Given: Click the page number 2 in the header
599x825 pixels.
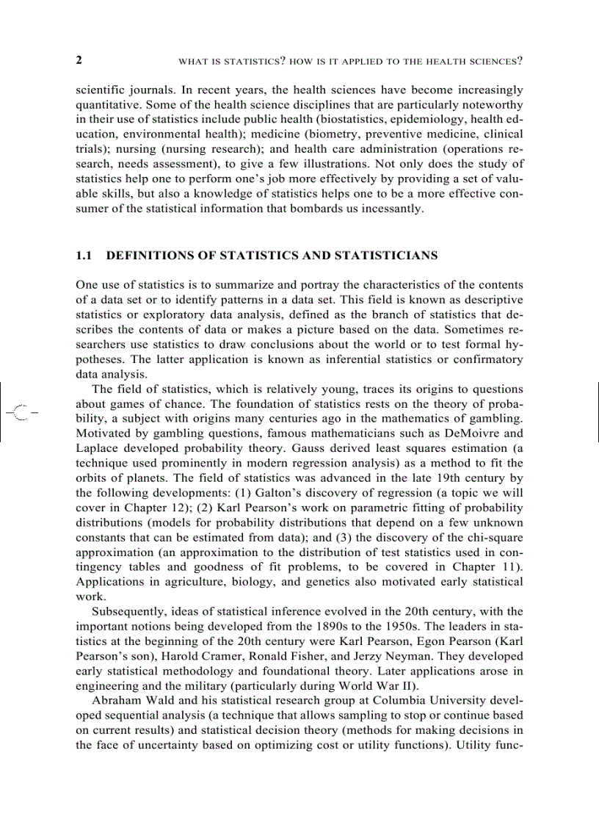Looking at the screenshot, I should (79, 60).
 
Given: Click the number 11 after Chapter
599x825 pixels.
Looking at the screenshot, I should (509, 566).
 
